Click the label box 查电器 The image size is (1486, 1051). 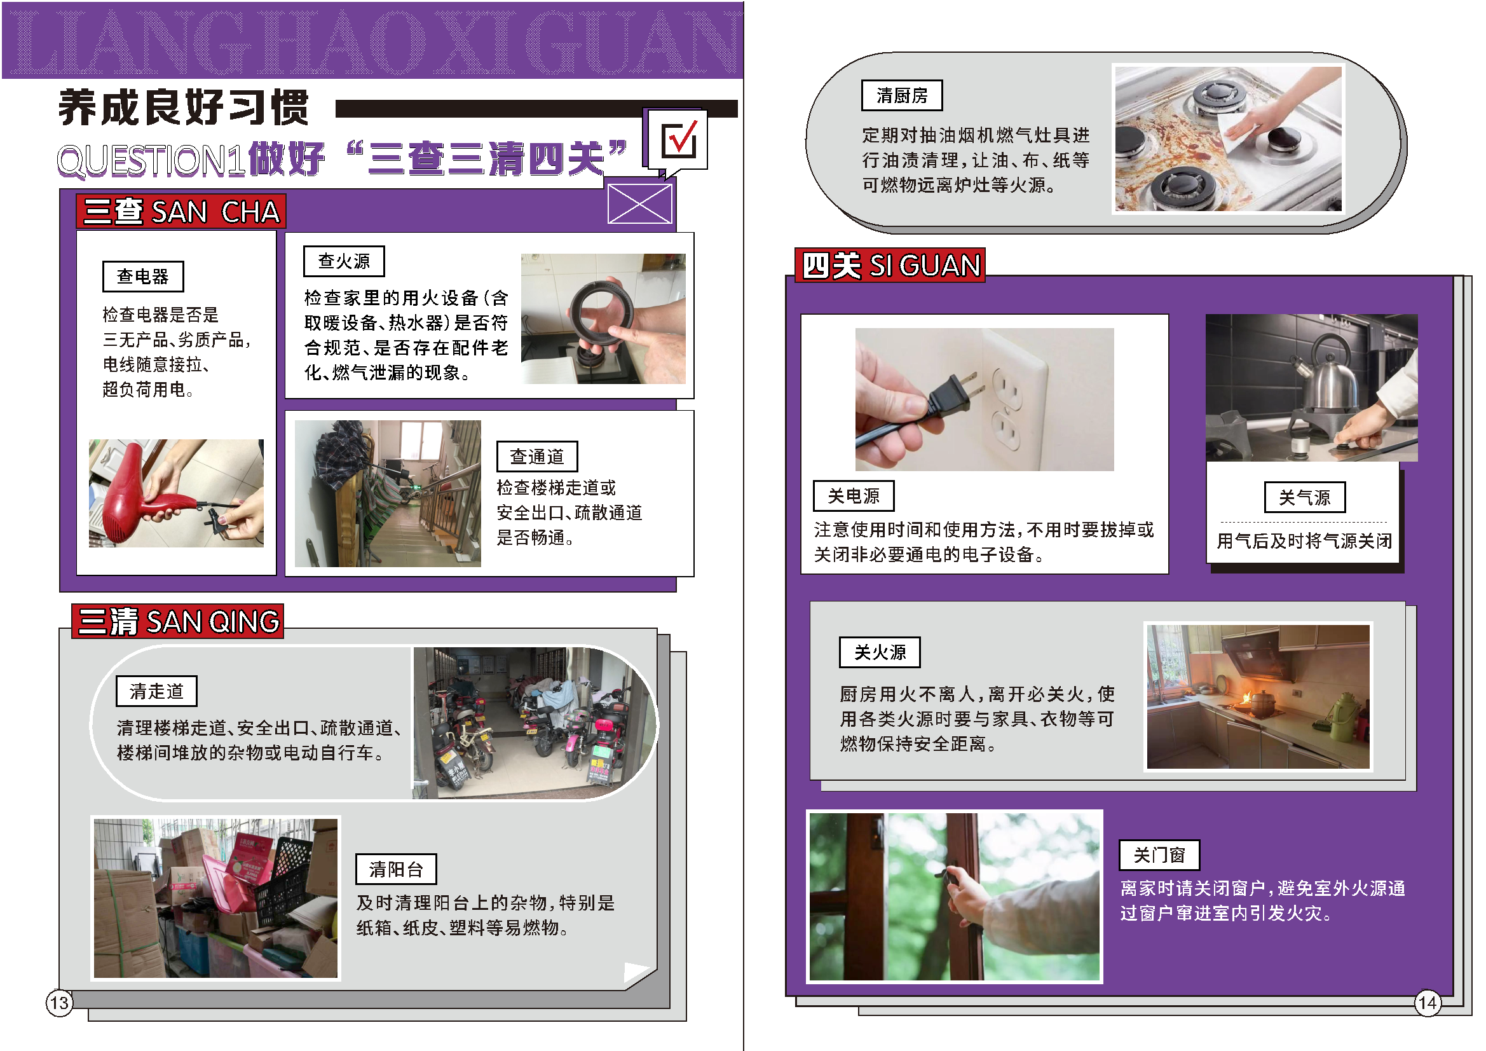pos(143,277)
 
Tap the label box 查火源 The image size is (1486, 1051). pos(344,261)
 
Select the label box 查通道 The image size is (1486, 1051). pos(537,457)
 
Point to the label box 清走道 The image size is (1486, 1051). pos(156,691)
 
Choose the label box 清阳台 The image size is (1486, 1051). pos(396,869)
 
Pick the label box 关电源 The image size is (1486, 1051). pos(854,496)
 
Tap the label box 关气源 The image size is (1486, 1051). pos(1305,497)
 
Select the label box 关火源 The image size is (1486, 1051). pos(880,652)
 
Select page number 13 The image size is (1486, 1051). pos(60,1003)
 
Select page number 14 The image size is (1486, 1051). pos(1428,1003)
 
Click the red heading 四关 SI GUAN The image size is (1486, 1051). pos(890,266)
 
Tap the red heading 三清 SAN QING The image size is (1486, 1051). pos(178,622)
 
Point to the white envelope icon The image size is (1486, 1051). pos(640,203)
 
